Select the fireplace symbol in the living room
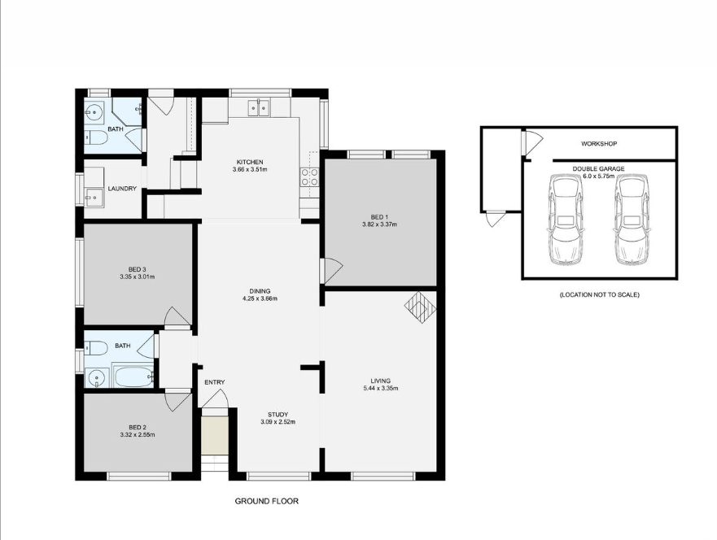[x=420, y=307]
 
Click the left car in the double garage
[x=566, y=220]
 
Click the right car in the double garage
[x=632, y=220]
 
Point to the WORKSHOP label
[x=598, y=144]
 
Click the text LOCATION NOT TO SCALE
[x=599, y=294]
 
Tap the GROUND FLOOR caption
[x=266, y=502]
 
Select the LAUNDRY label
[x=121, y=189]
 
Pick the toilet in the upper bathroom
[x=95, y=139]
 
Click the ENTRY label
[x=215, y=382]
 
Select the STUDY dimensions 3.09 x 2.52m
[x=278, y=422]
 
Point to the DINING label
[x=260, y=291]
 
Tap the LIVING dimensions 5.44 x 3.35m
[x=380, y=388]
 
